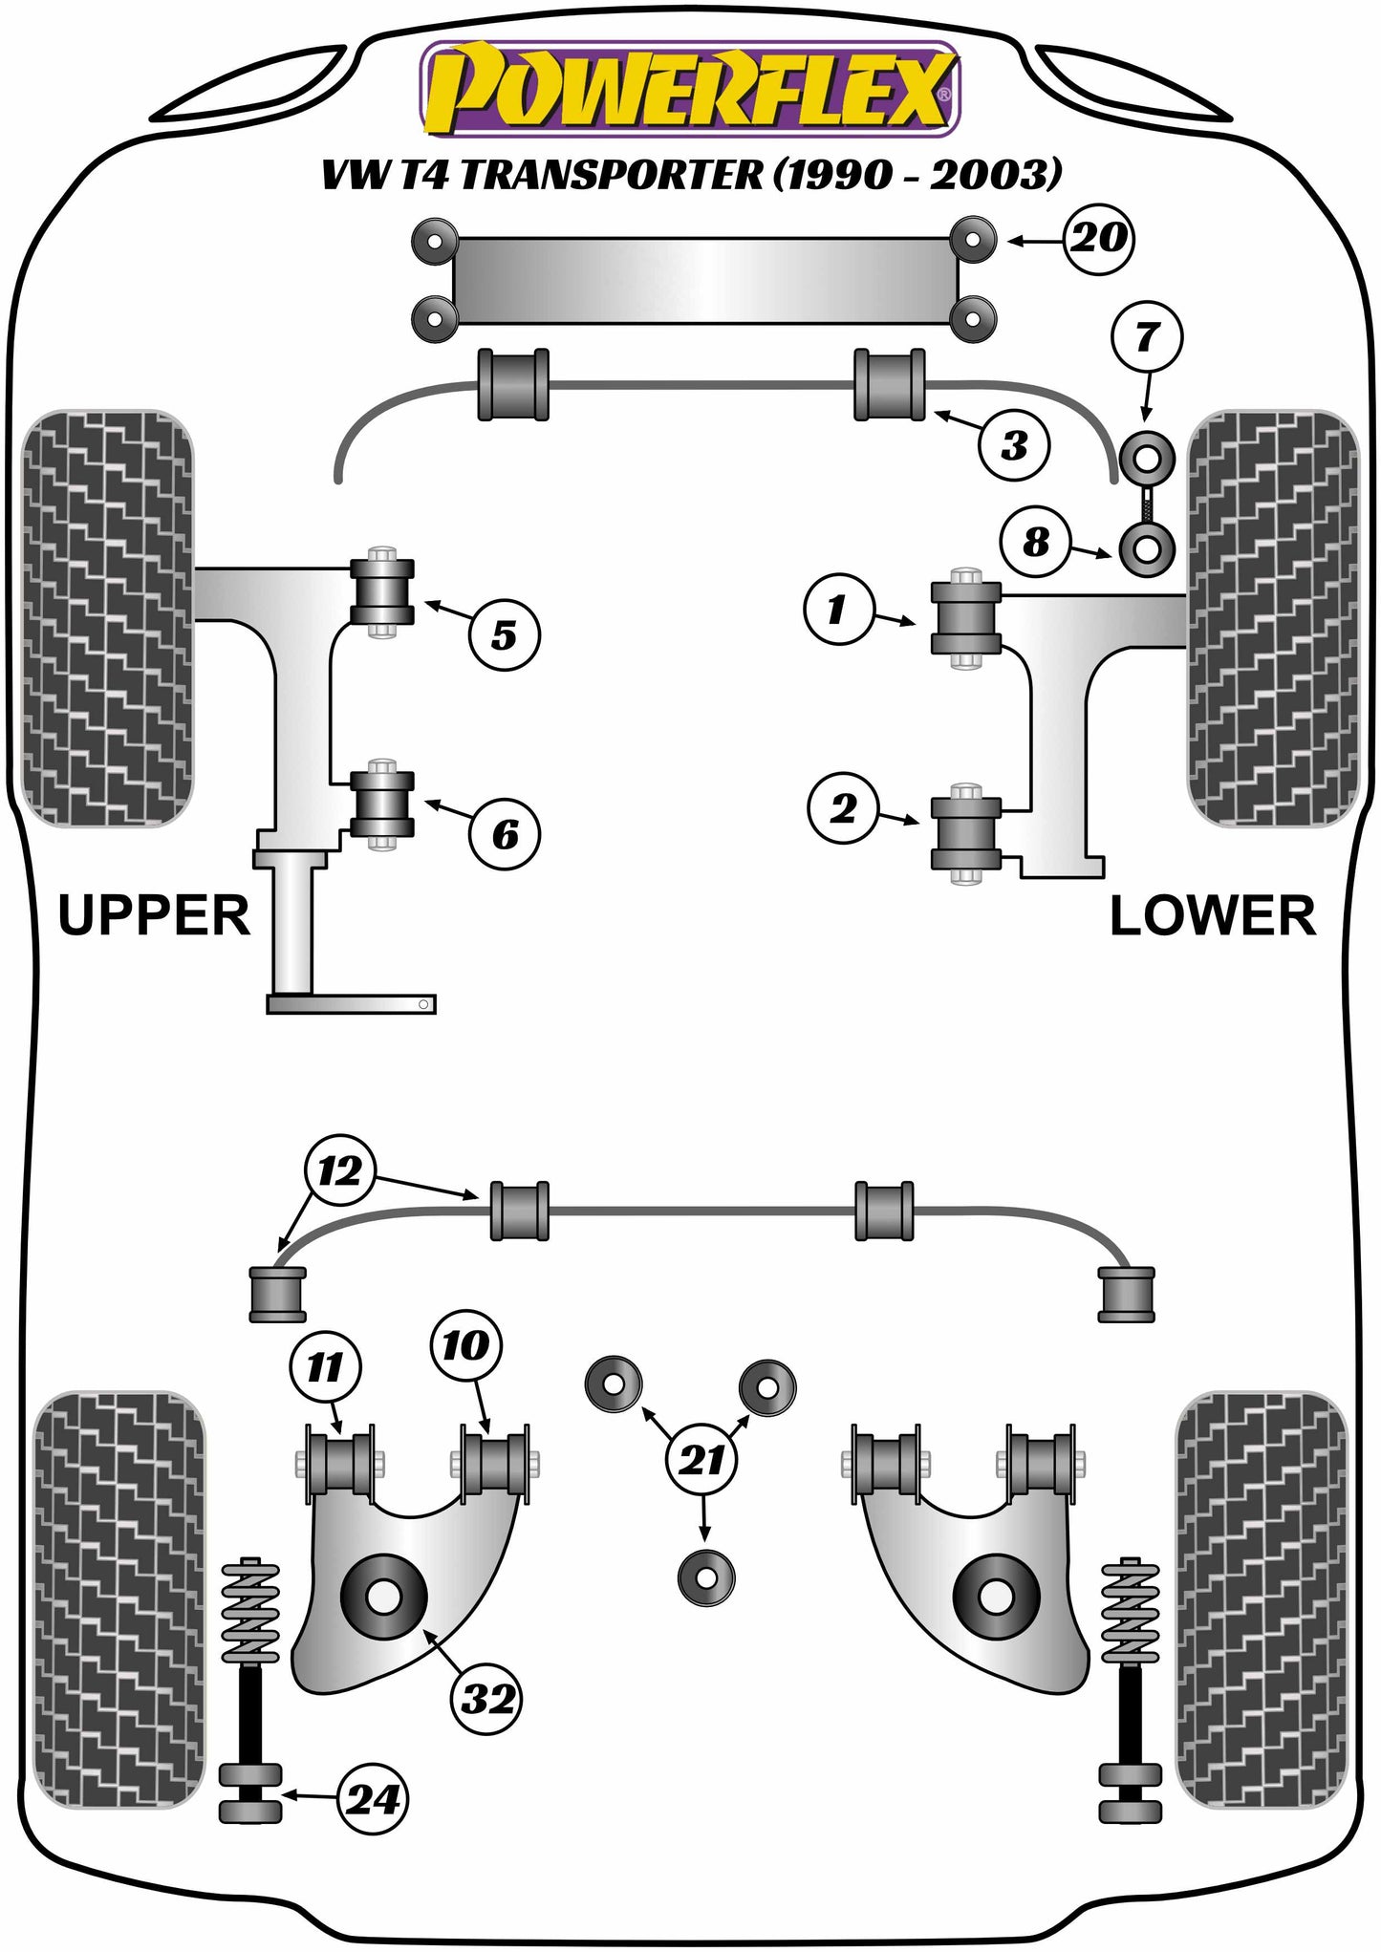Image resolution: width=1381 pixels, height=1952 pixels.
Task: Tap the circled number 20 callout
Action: click(1099, 238)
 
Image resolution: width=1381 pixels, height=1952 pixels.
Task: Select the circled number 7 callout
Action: click(1147, 336)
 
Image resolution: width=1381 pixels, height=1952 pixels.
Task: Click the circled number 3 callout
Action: click(1014, 446)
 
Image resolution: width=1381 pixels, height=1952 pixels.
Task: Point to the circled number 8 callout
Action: click(1036, 543)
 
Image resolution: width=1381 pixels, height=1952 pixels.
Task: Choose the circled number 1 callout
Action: click(838, 609)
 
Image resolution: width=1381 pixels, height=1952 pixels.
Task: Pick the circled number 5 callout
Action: click(504, 635)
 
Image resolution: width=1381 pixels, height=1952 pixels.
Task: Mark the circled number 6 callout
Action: click(504, 834)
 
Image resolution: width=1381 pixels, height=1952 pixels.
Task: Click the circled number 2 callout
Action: click(843, 808)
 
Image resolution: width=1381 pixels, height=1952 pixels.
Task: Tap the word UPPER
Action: click(154, 915)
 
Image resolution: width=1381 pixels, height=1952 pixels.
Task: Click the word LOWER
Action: click(1212, 915)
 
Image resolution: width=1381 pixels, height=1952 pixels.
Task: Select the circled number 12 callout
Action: click(340, 1170)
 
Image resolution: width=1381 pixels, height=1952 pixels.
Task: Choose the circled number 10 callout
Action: click(465, 1346)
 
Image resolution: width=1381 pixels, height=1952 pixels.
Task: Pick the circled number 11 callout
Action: click(325, 1367)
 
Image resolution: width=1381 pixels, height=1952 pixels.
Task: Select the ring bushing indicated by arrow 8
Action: click(1147, 549)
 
